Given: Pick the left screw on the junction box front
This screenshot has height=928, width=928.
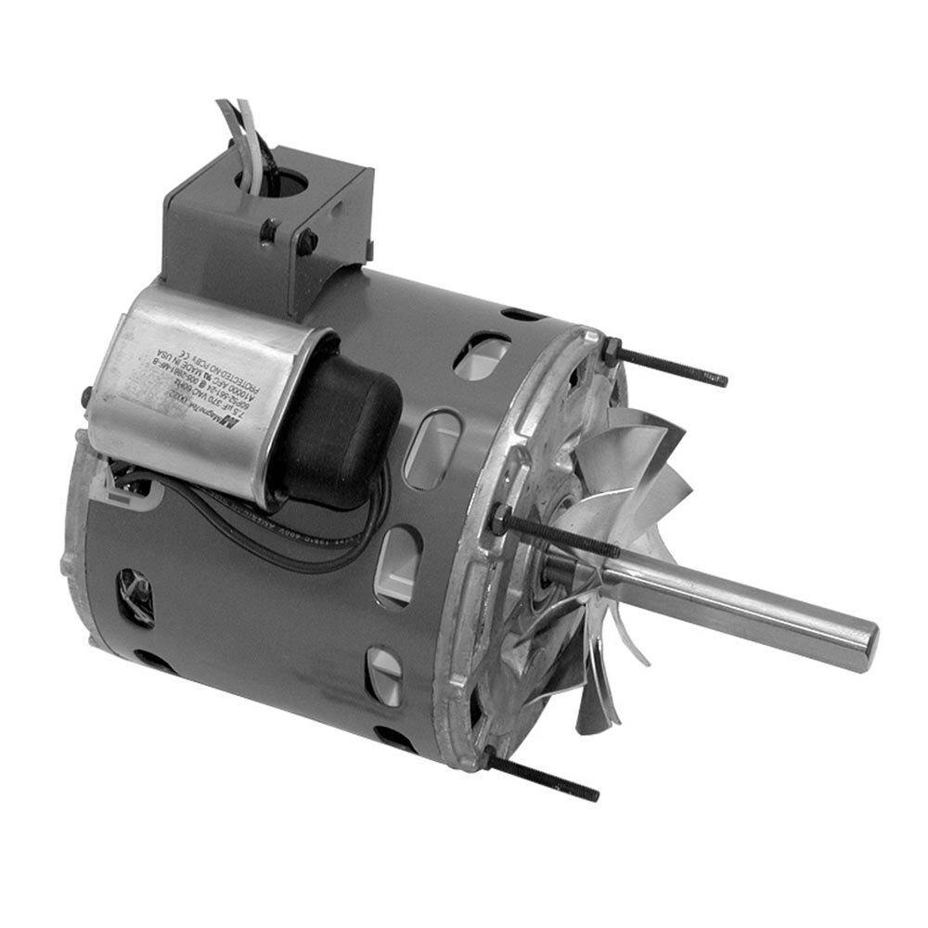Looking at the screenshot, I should [271, 227].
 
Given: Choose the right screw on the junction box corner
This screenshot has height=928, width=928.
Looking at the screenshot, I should [309, 243].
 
